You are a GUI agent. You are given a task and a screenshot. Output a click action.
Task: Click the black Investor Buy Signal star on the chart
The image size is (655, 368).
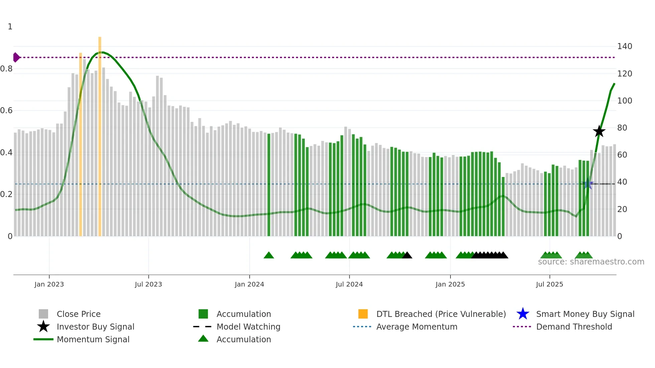point(599,131)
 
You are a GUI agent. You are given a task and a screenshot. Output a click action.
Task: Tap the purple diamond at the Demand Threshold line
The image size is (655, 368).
point(16,57)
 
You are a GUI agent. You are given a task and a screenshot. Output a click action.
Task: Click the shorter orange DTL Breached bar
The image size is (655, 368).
point(81,144)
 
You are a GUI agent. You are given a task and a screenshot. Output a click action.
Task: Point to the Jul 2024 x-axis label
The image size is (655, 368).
point(349,284)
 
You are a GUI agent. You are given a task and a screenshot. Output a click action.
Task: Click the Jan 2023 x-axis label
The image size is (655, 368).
point(49,284)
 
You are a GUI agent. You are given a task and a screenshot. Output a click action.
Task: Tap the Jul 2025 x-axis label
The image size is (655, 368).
point(549,284)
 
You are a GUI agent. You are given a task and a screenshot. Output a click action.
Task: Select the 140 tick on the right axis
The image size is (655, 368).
point(624,46)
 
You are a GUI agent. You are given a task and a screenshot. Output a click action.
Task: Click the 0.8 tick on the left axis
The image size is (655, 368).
point(7,69)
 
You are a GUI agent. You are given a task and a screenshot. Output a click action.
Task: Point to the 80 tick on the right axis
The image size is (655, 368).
point(622,128)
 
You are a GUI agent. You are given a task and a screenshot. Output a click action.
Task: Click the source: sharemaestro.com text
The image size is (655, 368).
point(591,262)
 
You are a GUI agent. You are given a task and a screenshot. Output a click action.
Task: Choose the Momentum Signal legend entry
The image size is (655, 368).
point(93,339)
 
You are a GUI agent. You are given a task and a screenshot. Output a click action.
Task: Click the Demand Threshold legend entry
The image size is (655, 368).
point(574,327)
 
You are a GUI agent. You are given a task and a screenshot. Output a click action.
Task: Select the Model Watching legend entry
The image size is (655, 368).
point(248,327)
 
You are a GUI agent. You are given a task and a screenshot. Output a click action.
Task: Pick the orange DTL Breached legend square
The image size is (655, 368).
point(363,314)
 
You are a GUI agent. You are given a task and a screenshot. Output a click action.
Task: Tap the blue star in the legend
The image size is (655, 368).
point(523,314)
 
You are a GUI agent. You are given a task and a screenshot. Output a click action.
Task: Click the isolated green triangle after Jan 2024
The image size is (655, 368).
point(269,255)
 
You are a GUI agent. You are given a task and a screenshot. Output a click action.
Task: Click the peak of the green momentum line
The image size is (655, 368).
point(103,52)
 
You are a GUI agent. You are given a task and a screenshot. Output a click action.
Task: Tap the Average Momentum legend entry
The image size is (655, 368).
point(416,327)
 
